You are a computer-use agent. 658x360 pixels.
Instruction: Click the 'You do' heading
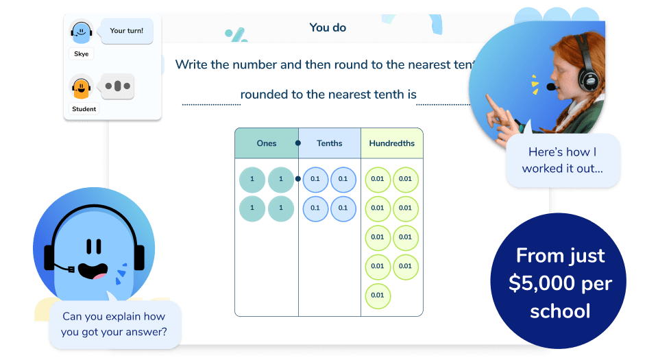pyautogui.click(x=328, y=28)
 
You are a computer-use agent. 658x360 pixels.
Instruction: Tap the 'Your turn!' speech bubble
pyautogui.click(x=126, y=31)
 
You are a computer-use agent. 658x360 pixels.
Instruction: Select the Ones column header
pyautogui.click(x=267, y=143)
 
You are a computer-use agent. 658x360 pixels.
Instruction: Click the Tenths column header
pyautogui.click(x=330, y=143)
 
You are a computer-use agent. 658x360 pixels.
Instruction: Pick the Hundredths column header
pyautogui.click(x=391, y=143)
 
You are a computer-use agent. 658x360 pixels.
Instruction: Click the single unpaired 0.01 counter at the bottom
pyautogui.click(x=377, y=296)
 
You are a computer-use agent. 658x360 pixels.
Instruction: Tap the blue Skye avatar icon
pyautogui.click(x=82, y=32)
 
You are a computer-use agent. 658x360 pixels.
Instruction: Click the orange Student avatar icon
pyautogui.click(x=82, y=87)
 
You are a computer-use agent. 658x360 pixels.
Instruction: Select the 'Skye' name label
pyautogui.click(x=82, y=53)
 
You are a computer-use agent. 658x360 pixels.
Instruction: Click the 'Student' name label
pyautogui.click(x=85, y=109)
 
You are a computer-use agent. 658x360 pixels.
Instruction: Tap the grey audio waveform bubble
pyautogui.click(x=117, y=86)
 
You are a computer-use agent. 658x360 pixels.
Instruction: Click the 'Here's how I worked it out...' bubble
pyautogui.click(x=563, y=160)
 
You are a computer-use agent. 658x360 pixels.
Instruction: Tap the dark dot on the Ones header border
pyautogui.click(x=297, y=143)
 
